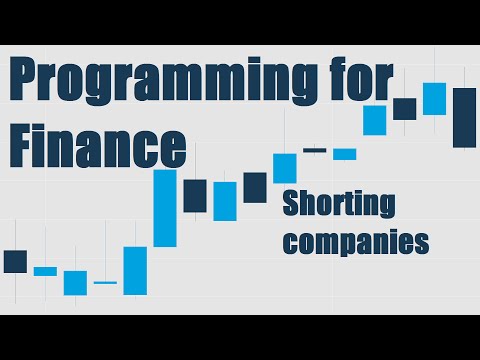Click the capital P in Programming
(25, 82)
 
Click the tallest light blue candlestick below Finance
(164, 208)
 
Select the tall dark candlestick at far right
(463, 117)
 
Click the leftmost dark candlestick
(15, 261)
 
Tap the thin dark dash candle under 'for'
(314, 150)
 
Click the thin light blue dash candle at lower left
(105, 283)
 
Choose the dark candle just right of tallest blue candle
(194, 195)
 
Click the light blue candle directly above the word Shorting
(285, 167)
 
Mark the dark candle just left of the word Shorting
(255, 187)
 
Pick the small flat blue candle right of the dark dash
(344, 154)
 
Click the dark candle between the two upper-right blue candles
(404, 108)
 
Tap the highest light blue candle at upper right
(433, 98)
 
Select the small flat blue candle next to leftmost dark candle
(45, 271)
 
